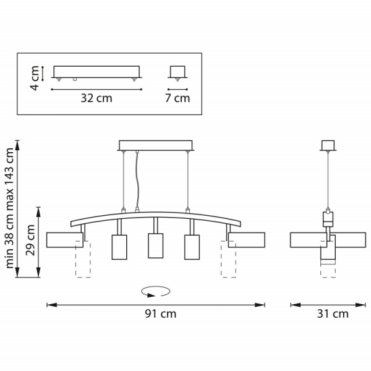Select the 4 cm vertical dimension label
(x=35, y=78)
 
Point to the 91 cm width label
(x=161, y=314)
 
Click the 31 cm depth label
(x=333, y=314)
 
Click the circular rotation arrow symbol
(x=155, y=291)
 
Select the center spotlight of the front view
(x=155, y=245)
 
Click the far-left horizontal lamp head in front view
(x=64, y=240)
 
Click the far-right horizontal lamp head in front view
(x=247, y=240)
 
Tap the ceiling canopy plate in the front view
(x=155, y=146)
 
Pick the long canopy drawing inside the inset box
(x=96, y=72)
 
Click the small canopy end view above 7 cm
(x=177, y=72)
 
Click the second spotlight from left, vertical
(x=119, y=246)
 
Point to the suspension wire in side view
(x=327, y=179)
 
